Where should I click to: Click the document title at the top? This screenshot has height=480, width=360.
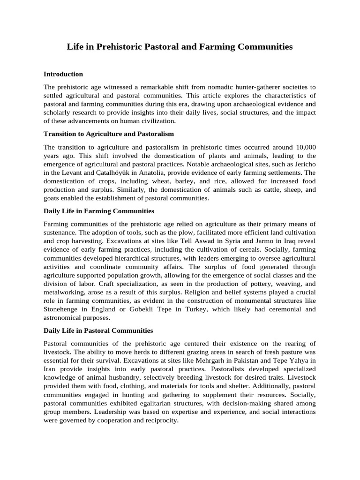180,47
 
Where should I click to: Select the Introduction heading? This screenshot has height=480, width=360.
63,74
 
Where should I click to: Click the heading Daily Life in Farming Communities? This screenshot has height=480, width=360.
99,211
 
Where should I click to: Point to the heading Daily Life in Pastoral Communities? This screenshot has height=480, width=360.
98,330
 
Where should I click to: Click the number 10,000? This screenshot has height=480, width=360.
304,147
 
